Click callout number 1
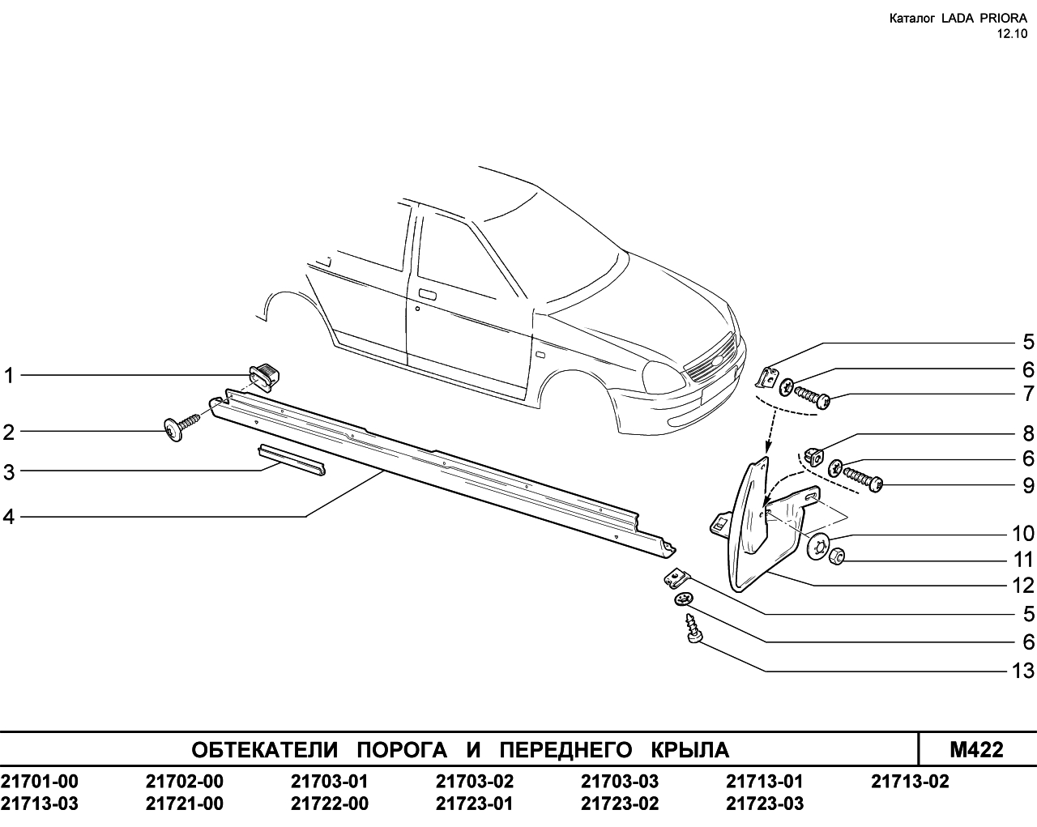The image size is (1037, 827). click(9, 375)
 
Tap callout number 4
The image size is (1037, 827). click(9, 517)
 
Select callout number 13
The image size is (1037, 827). click(1022, 671)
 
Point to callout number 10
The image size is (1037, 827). click(1022, 534)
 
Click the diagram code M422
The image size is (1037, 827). click(976, 750)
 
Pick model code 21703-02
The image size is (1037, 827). click(475, 782)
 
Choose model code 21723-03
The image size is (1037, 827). click(765, 804)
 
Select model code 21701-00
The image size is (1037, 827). click(40, 782)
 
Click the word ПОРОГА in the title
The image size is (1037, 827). click(402, 750)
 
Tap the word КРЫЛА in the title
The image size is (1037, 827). click(690, 750)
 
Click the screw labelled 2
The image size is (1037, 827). click(181, 427)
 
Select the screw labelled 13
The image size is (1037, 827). click(693, 628)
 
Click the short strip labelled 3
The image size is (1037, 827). click(292, 459)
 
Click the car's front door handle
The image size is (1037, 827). click(428, 295)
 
